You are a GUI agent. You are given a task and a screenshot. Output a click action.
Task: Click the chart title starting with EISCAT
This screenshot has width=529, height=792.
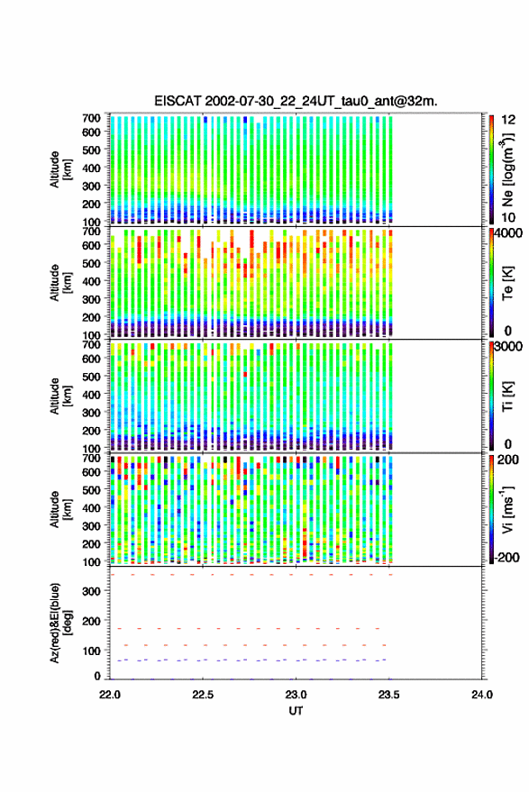tap(296, 101)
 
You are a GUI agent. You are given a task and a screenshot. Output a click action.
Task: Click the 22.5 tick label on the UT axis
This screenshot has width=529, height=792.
tap(203, 695)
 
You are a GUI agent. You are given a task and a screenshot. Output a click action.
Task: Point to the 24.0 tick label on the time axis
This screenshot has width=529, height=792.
tap(482, 695)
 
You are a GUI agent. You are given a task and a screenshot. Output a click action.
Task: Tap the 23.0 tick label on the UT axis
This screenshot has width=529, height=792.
tap(296, 695)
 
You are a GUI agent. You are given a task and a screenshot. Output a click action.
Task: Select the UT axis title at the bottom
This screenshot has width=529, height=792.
tap(296, 711)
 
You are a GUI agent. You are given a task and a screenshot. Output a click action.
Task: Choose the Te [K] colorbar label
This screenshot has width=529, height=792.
tap(507, 283)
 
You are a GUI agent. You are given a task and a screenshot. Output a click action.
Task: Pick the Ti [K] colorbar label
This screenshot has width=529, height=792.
tap(507, 396)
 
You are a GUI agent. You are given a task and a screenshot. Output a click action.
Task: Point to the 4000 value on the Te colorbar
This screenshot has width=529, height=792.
tap(508, 233)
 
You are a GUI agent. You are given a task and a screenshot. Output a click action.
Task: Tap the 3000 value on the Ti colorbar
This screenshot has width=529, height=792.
tap(508, 347)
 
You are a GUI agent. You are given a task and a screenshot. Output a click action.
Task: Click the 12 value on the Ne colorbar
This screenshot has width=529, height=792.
tap(508, 120)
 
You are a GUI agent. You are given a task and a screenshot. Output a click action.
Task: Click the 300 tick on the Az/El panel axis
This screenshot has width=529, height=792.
tap(92, 591)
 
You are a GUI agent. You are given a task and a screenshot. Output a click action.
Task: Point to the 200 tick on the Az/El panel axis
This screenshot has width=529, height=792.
tap(92, 621)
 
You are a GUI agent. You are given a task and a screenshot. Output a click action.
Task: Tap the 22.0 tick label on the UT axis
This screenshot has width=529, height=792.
tap(110, 695)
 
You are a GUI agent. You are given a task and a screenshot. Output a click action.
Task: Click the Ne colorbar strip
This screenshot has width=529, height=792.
tap(492, 169)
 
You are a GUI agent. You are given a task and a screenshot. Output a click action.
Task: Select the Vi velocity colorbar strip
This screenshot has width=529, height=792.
tap(492, 509)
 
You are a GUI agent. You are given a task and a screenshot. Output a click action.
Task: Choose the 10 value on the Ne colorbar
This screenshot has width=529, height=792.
tap(508, 218)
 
